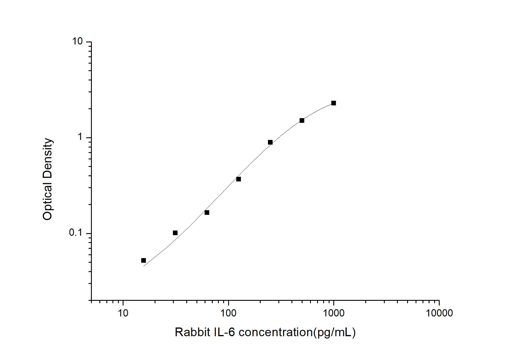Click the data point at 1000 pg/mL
[334, 103]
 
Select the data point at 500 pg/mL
[302, 120]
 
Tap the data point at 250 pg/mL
[270, 142]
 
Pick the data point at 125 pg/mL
[239, 179]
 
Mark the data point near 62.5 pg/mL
[207, 213]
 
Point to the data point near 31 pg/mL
[175, 233]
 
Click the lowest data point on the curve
[144, 260]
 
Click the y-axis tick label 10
[78, 42]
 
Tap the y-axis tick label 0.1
[76, 233]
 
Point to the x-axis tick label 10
[123, 313]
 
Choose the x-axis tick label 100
[228, 313]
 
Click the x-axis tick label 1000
[334, 313]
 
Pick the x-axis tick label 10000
[439, 313]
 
